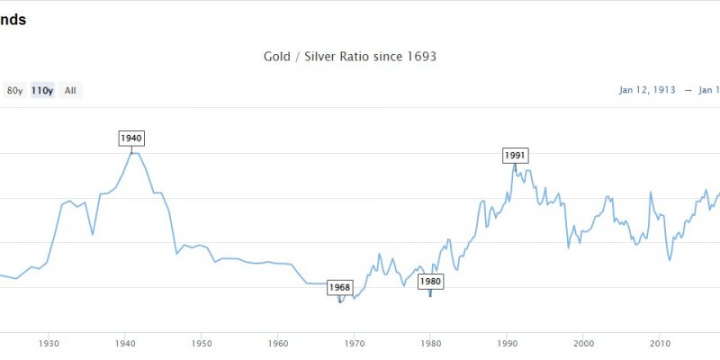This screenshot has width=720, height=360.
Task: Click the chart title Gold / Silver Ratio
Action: [349, 57]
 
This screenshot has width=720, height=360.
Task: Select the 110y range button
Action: [42, 90]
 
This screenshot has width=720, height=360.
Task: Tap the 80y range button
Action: [14, 90]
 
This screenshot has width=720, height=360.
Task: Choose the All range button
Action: [70, 90]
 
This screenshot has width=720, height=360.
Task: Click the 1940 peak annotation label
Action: [131, 138]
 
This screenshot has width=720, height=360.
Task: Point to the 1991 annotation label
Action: [514, 155]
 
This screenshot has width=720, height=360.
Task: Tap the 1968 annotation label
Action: [339, 287]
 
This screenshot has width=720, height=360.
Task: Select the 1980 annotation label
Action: [431, 281]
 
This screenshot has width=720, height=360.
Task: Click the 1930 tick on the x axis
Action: [49, 344]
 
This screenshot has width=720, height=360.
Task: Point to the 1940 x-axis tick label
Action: [126, 344]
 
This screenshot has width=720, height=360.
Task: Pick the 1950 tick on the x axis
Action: [202, 344]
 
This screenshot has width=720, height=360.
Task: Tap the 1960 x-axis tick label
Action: [278, 344]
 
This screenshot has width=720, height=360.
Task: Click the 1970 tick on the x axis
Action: [355, 344]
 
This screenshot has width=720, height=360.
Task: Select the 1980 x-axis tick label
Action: [431, 344]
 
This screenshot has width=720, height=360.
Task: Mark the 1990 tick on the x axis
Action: [508, 344]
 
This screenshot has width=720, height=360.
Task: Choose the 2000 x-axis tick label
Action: [584, 344]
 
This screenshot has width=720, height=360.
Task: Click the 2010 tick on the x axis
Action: [661, 344]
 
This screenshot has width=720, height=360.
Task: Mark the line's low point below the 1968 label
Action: [339, 301]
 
